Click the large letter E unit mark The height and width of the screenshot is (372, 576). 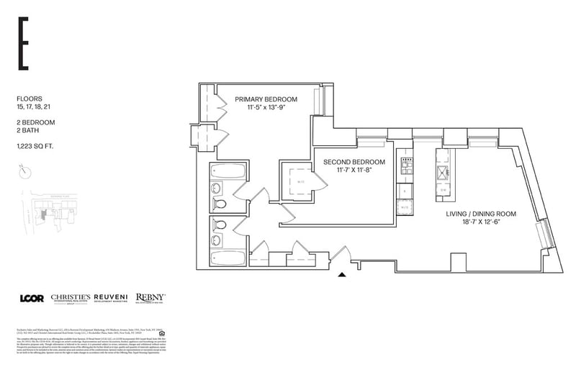(x=24, y=44)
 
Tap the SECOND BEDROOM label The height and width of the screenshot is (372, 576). (x=354, y=162)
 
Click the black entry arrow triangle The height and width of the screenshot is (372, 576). (x=343, y=273)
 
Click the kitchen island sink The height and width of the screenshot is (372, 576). (x=441, y=172)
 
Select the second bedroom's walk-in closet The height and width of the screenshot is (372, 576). (x=297, y=183)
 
